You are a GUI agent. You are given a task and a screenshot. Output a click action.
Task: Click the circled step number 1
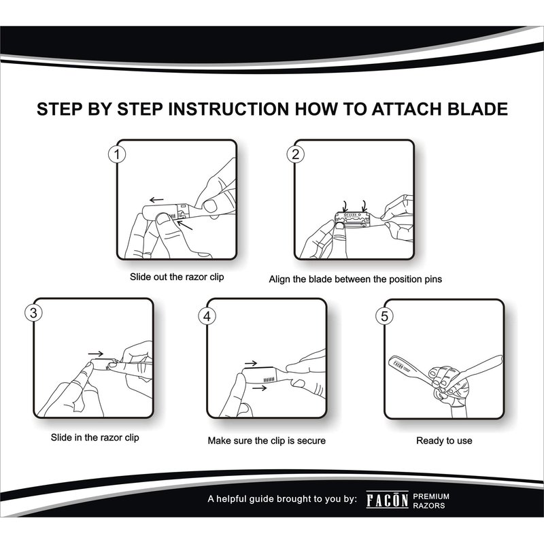pos(117,155)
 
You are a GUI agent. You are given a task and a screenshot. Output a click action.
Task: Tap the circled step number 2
pos(295,154)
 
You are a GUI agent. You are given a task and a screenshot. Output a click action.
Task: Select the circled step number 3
pos(33,313)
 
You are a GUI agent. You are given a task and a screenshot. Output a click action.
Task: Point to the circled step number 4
pos(207,316)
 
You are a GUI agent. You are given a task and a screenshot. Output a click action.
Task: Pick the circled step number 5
pos(385,316)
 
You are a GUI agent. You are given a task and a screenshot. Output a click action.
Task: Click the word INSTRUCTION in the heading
pos(228,109)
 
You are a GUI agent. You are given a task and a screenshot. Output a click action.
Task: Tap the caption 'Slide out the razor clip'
pos(177,277)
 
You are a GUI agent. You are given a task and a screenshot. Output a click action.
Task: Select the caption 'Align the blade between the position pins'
pos(355,279)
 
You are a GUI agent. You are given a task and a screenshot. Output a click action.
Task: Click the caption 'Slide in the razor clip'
pos(95,437)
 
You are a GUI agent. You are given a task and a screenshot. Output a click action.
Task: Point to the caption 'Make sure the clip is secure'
pos(267,441)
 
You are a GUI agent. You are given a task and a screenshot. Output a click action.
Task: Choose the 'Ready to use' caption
pos(444,441)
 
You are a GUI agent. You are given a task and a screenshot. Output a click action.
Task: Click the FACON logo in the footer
pos(387,500)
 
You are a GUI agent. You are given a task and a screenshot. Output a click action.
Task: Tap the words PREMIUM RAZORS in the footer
pos(431,501)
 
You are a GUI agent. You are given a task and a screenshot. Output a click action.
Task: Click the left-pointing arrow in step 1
pos(156,200)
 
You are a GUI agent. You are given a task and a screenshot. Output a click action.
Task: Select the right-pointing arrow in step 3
pos(96,354)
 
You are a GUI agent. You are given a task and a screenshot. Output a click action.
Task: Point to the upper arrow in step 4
pos(251,363)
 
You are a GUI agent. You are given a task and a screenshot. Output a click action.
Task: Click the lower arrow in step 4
pos(260,388)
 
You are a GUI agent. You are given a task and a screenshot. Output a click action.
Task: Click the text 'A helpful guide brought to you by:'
pos(282,499)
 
